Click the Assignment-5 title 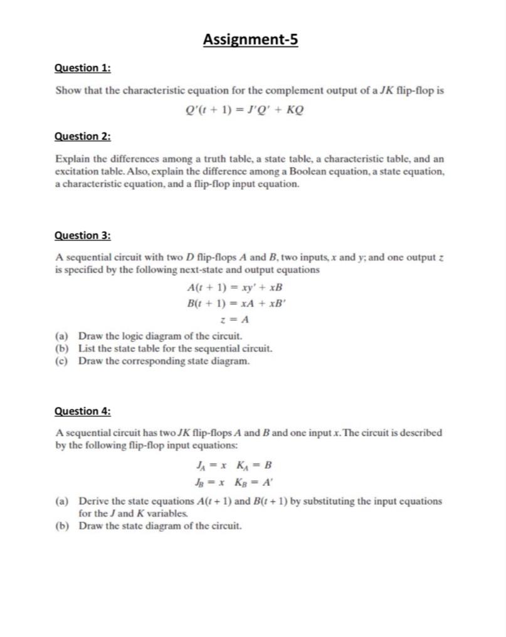pos(251,40)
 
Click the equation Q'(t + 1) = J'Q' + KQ pos(245,108)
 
